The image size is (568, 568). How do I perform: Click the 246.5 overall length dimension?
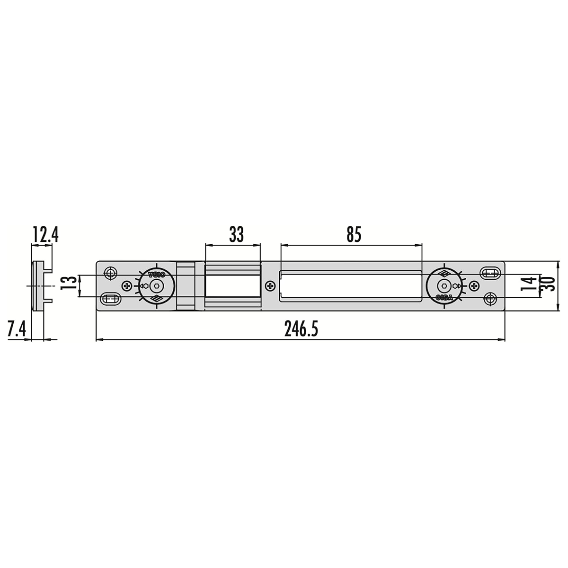pyautogui.click(x=301, y=329)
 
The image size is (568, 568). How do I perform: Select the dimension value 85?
pyautogui.click(x=354, y=235)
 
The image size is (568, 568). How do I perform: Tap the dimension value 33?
pyautogui.click(x=237, y=235)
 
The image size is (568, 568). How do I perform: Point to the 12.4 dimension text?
pyautogui.click(x=45, y=235)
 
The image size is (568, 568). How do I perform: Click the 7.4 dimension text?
pyautogui.click(x=17, y=329)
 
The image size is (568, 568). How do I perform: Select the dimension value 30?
pyautogui.click(x=549, y=283)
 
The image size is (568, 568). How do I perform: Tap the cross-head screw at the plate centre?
pyautogui.click(x=270, y=285)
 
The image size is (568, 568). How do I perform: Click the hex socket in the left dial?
pyautogui.click(x=156, y=285)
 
